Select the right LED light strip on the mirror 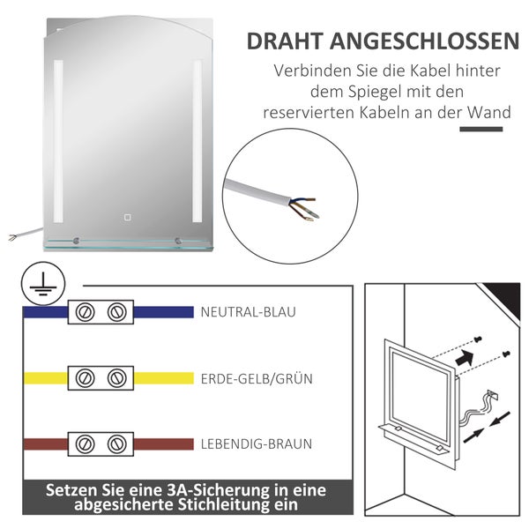click(197, 141)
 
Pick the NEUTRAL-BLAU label click(247, 312)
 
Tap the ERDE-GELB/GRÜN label click(257, 378)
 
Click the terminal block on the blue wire click(100, 312)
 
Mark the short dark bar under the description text click(482, 130)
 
